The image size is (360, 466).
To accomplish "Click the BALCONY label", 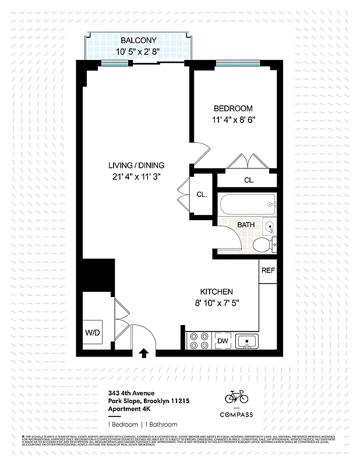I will [139, 41].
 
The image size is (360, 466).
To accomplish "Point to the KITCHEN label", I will [217, 292].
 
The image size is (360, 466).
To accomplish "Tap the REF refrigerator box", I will [268, 271].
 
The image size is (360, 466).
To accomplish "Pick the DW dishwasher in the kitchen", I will [223, 341].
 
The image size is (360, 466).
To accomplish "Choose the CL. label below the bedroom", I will [249, 180].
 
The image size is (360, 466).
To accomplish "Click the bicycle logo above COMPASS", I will [237, 397].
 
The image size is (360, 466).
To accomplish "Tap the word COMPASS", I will [237, 414].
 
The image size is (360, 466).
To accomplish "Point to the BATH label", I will [246, 224].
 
